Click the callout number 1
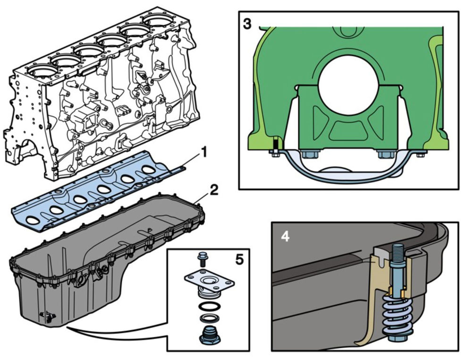[x=204, y=152]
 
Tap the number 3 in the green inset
[x=247, y=24]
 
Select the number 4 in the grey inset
[x=285, y=237]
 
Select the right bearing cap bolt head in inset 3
[x=385, y=154]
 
